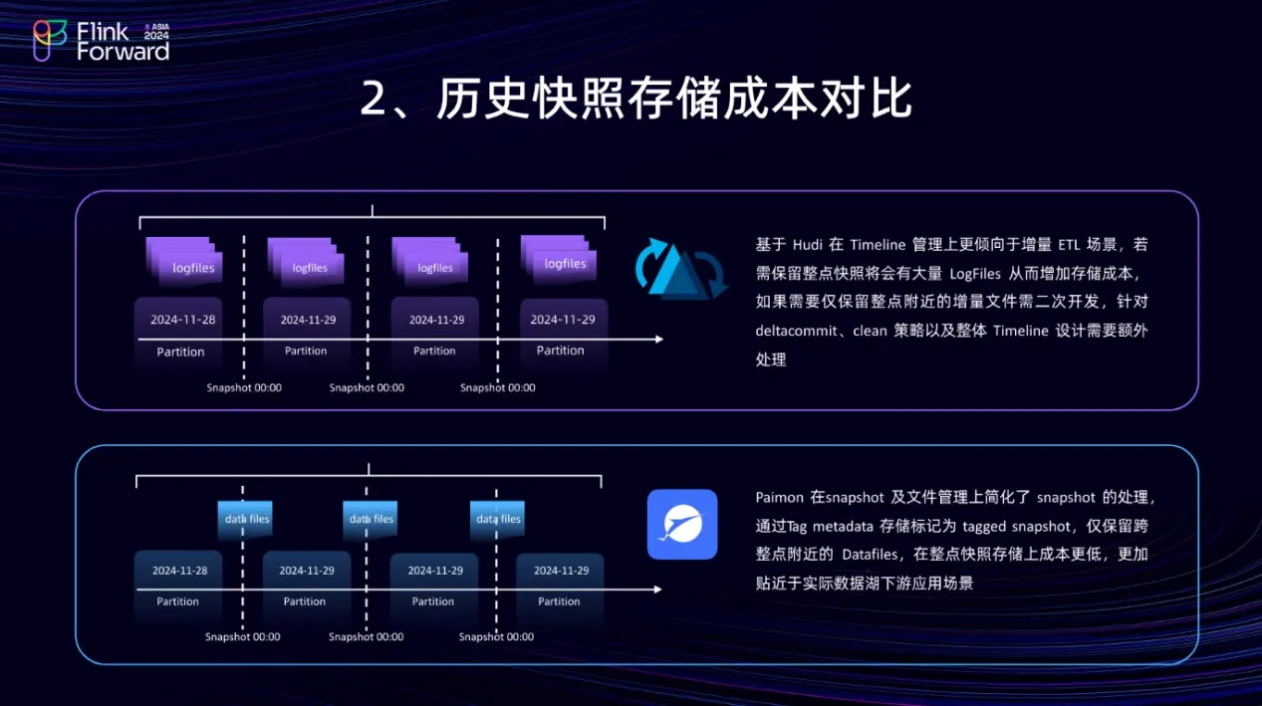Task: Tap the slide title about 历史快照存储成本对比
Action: [x=635, y=101]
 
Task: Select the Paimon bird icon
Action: [x=681, y=524]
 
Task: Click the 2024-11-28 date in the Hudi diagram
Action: [x=182, y=320]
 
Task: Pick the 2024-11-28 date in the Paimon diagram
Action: [x=179, y=571]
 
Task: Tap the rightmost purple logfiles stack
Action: [x=559, y=257]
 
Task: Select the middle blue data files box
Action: [x=371, y=519]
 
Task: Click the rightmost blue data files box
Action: [x=497, y=519]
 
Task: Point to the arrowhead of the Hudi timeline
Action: [x=657, y=340]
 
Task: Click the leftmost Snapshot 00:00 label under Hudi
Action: [x=244, y=387]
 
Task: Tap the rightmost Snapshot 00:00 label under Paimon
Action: [x=497, y=637]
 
